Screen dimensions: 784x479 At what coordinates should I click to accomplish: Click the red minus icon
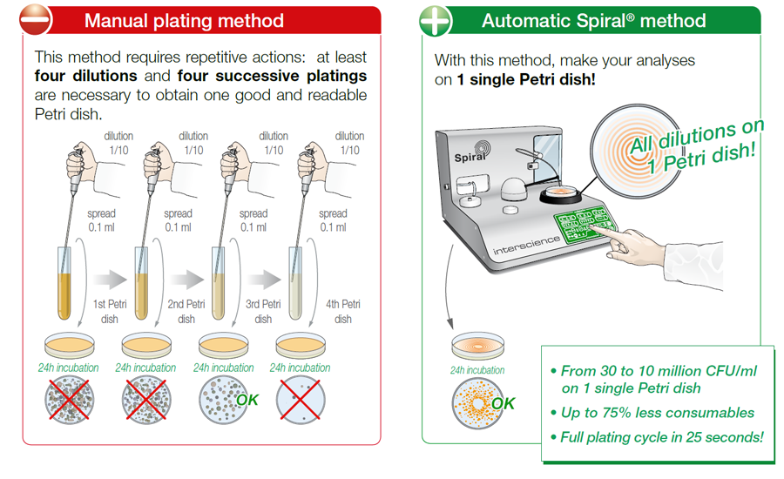[x=36, y=20]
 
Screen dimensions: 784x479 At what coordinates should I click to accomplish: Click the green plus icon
[x=436, y=21]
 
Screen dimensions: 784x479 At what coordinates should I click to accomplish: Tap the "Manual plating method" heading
[x=184, y=21]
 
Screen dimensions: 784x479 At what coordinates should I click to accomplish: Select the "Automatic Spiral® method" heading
[x=593, y=21]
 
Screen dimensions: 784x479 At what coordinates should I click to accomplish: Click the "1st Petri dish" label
[x=110, y=312]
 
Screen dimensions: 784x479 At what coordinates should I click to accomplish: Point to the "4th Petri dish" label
[x=343, y=312]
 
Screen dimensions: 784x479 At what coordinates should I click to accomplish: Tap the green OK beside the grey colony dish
[x=247, y=400]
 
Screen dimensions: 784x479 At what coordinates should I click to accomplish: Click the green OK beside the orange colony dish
[x=503, y=403]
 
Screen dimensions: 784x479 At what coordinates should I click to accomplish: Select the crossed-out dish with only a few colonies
[x=301, y=400]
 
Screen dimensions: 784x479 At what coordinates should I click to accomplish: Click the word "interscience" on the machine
[x=526, y=245]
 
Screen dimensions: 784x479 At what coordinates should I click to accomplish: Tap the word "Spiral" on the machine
[x=470, y=157]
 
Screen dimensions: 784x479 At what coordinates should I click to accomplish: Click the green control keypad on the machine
[x=584, y=223]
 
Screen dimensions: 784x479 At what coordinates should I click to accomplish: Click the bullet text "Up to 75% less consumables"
[x=657, y=413]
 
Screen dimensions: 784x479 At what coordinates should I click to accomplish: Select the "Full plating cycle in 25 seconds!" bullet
[x=661, y=437]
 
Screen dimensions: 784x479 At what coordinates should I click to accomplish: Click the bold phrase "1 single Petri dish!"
[x=526, y=79]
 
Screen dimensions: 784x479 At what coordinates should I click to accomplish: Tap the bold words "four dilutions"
[x=85, y=76]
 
